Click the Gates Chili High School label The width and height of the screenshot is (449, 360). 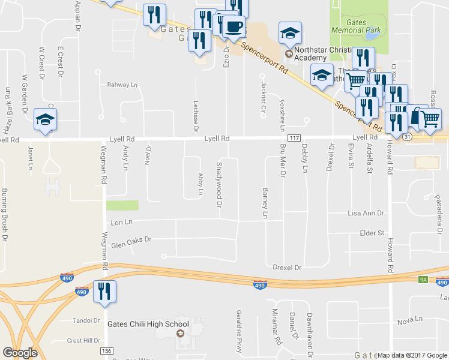148,325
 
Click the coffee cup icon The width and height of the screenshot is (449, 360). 234,27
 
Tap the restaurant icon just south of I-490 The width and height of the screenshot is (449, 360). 104,292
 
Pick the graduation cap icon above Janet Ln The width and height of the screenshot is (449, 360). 45,120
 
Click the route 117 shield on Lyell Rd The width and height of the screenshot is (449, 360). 294,138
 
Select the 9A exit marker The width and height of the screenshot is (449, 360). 423,279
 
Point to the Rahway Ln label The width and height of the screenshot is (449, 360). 122,85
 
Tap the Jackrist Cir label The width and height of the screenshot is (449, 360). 263,92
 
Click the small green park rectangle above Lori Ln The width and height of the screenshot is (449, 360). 122,205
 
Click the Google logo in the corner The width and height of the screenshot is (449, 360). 20,352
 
